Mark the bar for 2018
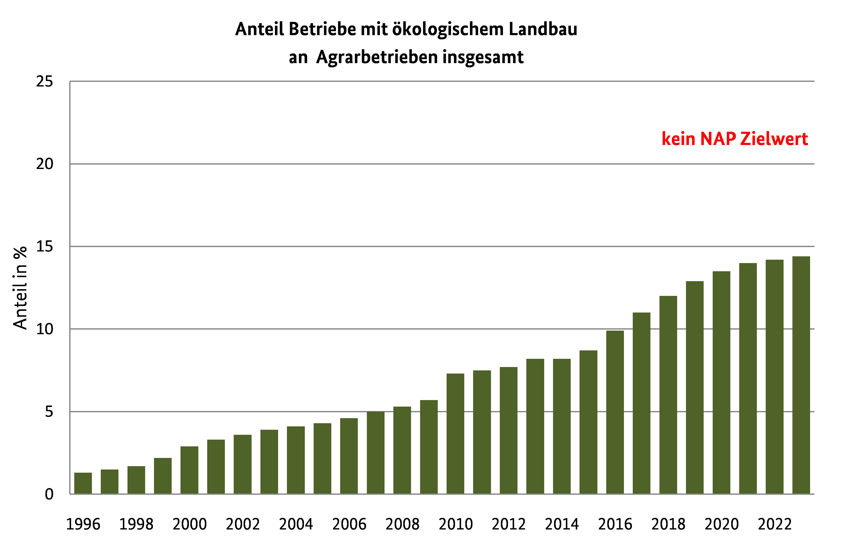click(x=668, y=395)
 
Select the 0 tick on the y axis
click(x=49, y=494)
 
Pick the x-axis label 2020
click(x=722, y=524)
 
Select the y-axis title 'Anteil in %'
click(x=20, y=288)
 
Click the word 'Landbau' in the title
click(x=543, y=29)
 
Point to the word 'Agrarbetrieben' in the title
click(x=377, y=57)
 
